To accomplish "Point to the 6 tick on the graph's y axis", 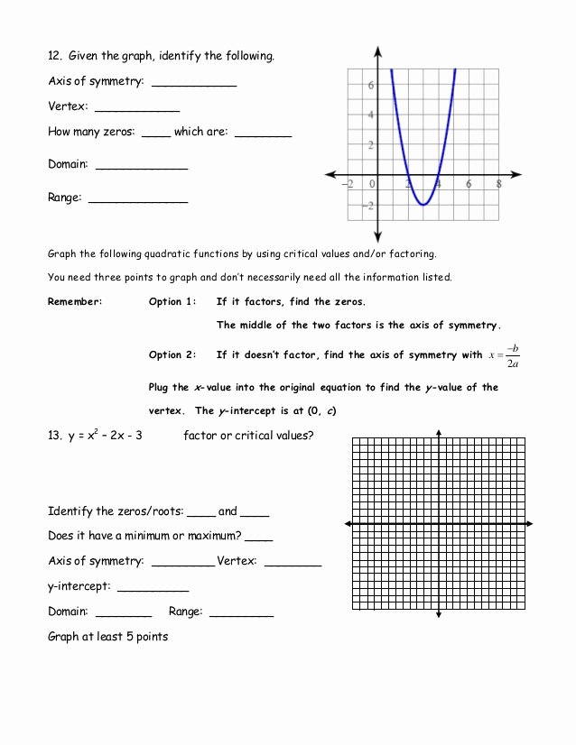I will [370, 84].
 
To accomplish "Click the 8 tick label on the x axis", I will [499, 184].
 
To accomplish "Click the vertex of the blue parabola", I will [423, 205].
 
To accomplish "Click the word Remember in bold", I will [75, 302].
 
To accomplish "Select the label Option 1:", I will [172, 302].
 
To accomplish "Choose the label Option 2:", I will [172, 355].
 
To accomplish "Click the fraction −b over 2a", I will [512, 355].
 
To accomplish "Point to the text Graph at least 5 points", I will [107, 637].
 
